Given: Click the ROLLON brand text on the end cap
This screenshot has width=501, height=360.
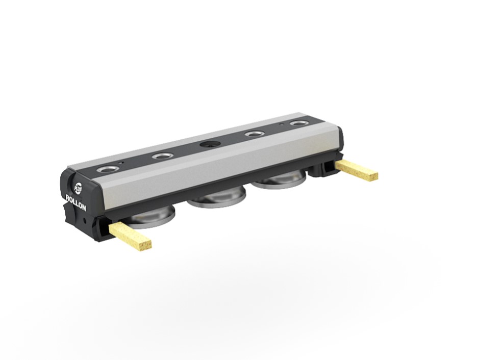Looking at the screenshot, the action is tap(76, 202).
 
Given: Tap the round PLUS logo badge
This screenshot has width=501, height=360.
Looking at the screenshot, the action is tap(78, 188).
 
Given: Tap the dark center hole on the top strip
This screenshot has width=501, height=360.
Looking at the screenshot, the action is tap(210, 144).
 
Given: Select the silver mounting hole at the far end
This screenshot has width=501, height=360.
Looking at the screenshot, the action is tap(299, 123).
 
